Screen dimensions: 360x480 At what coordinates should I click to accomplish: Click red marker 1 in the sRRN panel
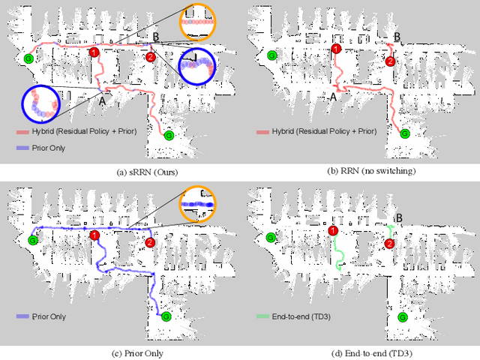(94, 52)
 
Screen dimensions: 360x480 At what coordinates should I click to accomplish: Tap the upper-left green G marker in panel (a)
(29, 58)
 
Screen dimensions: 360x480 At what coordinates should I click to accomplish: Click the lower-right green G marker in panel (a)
(168, 135)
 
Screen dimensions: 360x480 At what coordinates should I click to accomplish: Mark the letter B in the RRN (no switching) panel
(397, 36)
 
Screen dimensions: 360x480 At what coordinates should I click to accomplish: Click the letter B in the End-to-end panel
(397, 217)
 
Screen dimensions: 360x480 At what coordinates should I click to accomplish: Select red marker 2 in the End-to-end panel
(389, 243)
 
